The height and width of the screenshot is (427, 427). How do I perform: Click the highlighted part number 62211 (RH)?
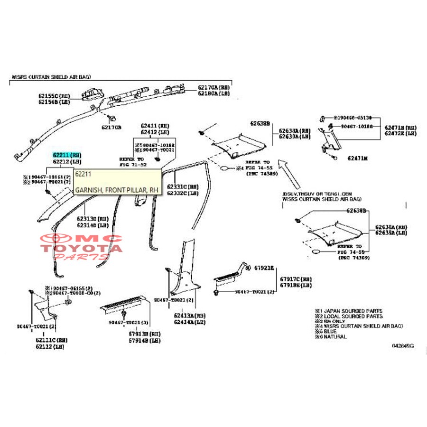[67, 155]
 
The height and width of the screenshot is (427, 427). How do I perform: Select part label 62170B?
[111, 127]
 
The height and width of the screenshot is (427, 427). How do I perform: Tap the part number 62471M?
[357, 158]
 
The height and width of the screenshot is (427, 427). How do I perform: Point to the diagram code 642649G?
[402, 346]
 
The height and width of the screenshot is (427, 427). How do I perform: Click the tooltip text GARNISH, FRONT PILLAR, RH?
[117, 190]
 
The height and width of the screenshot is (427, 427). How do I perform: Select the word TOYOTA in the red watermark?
[81, 247]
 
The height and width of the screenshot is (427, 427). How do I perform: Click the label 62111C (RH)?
[52, 340]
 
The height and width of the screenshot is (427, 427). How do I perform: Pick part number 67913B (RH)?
[145, 334]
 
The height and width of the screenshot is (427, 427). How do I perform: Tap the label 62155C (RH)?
[55, 95]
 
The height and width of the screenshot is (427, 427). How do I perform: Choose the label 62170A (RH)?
[213, 88]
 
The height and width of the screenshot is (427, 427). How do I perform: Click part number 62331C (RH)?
[185, 186]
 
